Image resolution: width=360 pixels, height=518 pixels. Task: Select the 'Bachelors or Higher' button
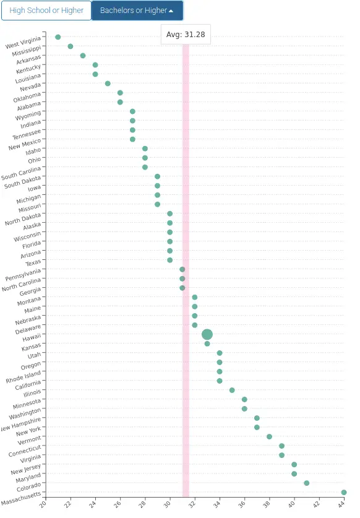point(137,11)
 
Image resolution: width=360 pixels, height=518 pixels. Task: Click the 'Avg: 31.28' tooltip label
point(186,35)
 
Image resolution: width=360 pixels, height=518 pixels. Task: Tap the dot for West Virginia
point(58,37)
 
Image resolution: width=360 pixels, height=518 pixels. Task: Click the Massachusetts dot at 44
point(344,493)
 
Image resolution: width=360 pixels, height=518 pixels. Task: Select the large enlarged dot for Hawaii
point(207,335)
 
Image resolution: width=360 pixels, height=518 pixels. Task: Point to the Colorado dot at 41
point(307,483)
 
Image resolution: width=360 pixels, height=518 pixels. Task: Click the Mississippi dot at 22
point(71,46)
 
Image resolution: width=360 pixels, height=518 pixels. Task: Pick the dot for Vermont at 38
point(270,437)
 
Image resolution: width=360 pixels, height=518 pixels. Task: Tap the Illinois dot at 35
point(232,391)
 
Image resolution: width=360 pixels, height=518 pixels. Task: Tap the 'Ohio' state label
point(35,161)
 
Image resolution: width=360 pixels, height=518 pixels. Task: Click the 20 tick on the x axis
point(43,505)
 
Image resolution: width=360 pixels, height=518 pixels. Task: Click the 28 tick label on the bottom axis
point(143,505)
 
